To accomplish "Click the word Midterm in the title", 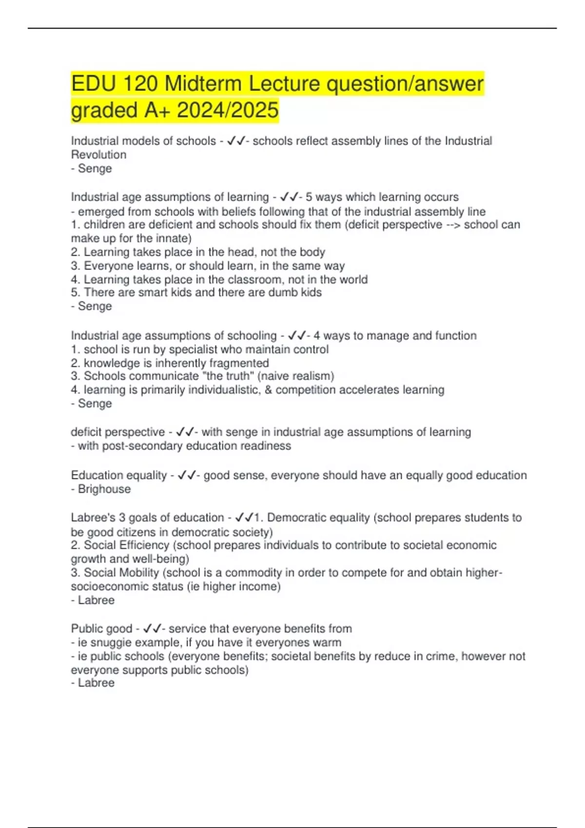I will pyautogui.click(x=203, y=84).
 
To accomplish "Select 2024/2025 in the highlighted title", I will pyautogui.click(x=228, y=110).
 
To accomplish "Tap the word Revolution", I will pyautogui.click(x=98, y=155).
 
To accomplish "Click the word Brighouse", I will pyautogui.click(x=104, y=489).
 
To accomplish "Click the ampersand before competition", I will pyautogui.click(x=268, y=390).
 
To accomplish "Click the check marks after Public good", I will pyautogui.click(x=152, y=628).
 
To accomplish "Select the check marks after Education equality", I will pyautogui.click(x=187, y=475).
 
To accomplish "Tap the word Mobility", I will pyautogui.click(x=137, y=573).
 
